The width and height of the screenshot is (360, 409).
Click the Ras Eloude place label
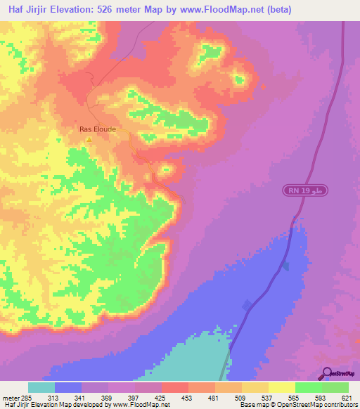(x=97, y=129)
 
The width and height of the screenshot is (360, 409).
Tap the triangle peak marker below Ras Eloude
(x=89, y=139)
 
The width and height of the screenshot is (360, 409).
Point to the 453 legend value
(x=188, y=398)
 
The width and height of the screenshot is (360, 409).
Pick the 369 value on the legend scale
(x=108, y=398)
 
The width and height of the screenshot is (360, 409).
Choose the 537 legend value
(x=268, y=398)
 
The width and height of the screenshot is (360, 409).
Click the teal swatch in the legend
(x=41, y=387)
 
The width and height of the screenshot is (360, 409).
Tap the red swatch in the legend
(x=175, y=387)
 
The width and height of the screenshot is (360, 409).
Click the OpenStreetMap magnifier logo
(x=327, y=374)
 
